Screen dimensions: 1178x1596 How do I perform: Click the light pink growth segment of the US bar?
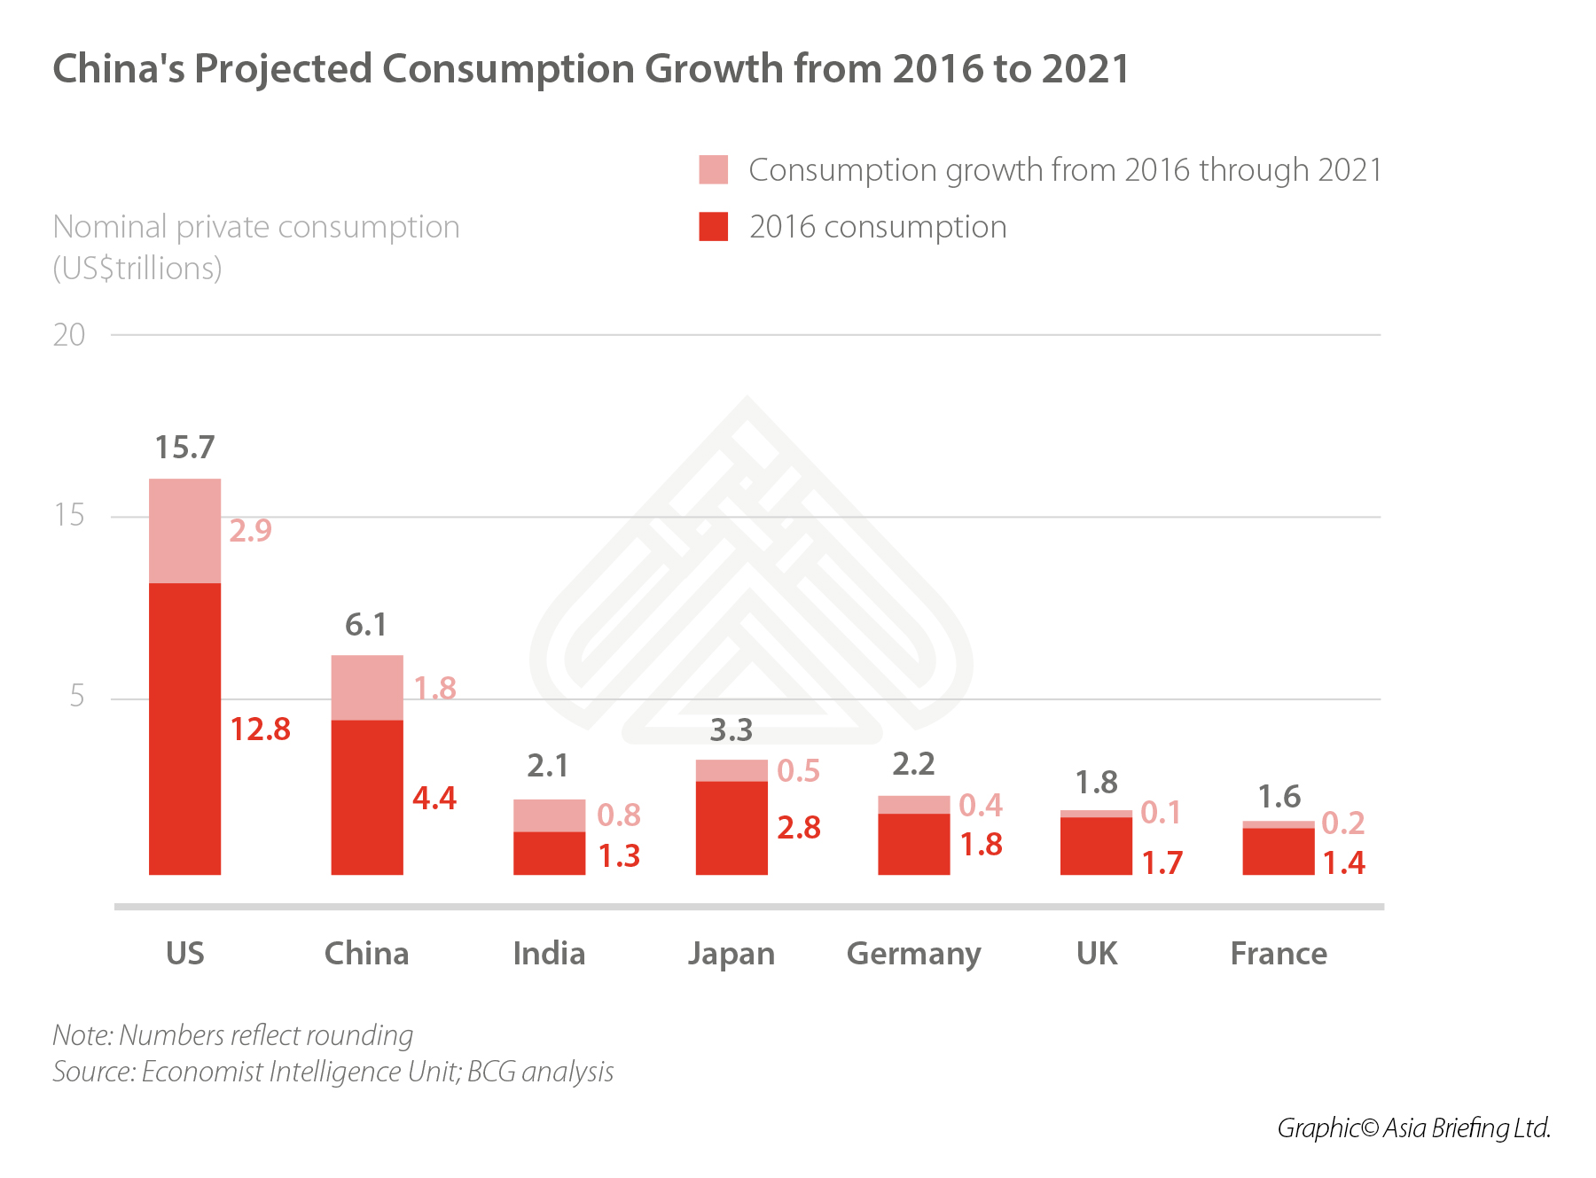pyautogui.click(x=184, y=530)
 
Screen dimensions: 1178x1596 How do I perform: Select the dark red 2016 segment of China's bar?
pyautogui.click(x=367, y=797)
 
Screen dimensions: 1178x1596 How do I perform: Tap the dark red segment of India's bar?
pyautogui.click(x=549, y=853)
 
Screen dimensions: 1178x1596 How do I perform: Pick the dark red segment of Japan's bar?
pyautogui.click(x=731, y=827)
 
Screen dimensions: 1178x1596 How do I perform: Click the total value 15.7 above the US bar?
pyautogui.click(x=184, y=448)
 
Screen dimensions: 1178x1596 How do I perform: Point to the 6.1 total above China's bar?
pyautogui.click(x=365, y=625)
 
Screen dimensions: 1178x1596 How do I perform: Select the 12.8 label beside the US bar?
pyautogui.click(x=261, y=729)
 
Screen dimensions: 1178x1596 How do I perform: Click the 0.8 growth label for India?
pyautogui.click(x=619, y=815)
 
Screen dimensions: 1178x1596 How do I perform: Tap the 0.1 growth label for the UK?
pyautogui.click(x=1161, y=812)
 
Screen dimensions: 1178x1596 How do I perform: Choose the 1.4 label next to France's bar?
pyautogui.click(x=1344, y=862)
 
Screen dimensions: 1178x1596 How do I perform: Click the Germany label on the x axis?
pyautogui.click(x=913, y=954)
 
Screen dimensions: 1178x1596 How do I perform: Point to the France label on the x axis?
pyautogui.click(x=1279, y=954)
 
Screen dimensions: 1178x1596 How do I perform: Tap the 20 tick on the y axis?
pyautogui.click(x=69, y=335)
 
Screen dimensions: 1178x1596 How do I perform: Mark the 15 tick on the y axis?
pyautogui.click(x=69, y=515)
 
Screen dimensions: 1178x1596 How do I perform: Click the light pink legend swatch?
pyautogui.click(x=714, y=169)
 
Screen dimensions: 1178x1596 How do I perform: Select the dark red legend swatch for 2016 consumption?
pyautogui.click(x=714, y=227)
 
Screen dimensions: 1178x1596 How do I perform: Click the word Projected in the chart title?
pyautogui.click(x=284, y=69)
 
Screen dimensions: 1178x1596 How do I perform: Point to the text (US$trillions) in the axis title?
pyautogui.click(x=137, y=268)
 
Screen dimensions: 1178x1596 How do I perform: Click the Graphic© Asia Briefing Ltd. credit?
pyautogui.click(x=1413, y=1127)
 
